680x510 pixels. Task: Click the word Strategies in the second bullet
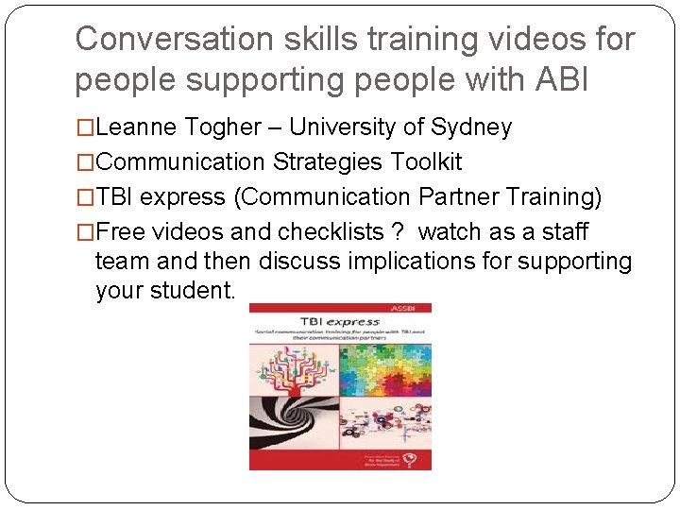[326, 162]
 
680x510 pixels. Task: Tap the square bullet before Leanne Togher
[85, 127]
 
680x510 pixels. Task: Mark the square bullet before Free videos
[85, 231]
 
